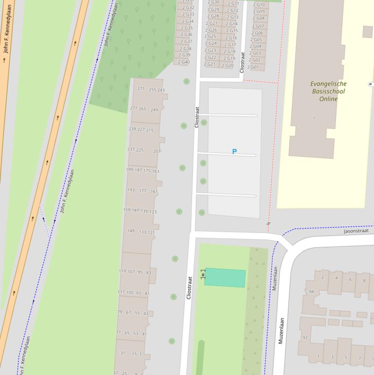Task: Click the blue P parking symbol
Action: pyautogui.click(x=234, y=152)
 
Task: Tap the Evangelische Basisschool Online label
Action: pyautogui.click(x=328, y=91)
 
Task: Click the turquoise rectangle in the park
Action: pyautogui.click(x=225, y=278)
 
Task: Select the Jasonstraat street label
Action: pyautogui.click(x=356, y=231)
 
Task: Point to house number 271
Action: pyautogui.click(x=141, y=89)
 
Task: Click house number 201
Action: pyautogui.click(x=157, y=151)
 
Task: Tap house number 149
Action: pyautogui.click(x=131, y=231)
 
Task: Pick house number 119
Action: pyautogui.click(x=122, y=271)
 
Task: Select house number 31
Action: pyautogui.click(x=123, y=353)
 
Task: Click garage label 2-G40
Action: pyautogui.click(x=184, y=62)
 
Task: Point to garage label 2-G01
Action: pyautogui.click(x=253, y=67)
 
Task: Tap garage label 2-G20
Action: pyautogui.click(x=228, y=66)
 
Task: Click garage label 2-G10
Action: pyautogui.click(x=259, y=5)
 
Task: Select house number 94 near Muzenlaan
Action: pyautogui.click(x=312, y=292)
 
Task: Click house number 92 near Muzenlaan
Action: pyautogui.click(x=305, y=337)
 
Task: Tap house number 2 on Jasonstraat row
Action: pyautogui.click(x=322, y=278)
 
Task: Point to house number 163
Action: pyautogui.click(x=156, y=171)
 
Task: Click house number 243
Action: pyautogui.click(x=161, y=90)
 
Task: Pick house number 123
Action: pyautogui.click(x=153, y=212)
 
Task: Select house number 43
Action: pyautogui.click(x=145, y=314)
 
